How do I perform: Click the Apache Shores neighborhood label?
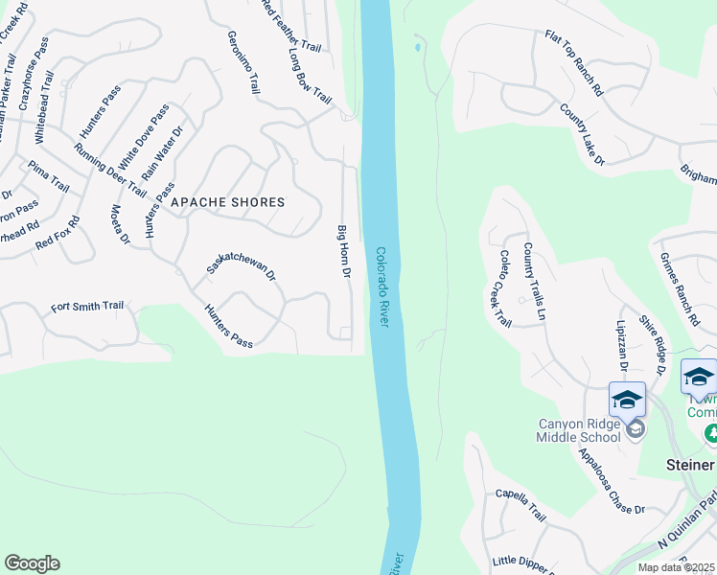[x=227, y=202]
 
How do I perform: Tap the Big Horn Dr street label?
[x=341, y=251]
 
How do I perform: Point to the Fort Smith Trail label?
[x=87, y=307]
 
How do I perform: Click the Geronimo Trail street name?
[x=243, y=62]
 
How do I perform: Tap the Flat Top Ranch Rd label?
[x=573, y=63]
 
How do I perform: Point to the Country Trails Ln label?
[x=534, y=281]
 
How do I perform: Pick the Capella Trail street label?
[x=520, y=505]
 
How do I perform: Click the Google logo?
[x=32, y=563]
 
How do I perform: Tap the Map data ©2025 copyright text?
[x=677, y=567]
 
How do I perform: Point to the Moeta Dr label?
[x=119, y=224]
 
